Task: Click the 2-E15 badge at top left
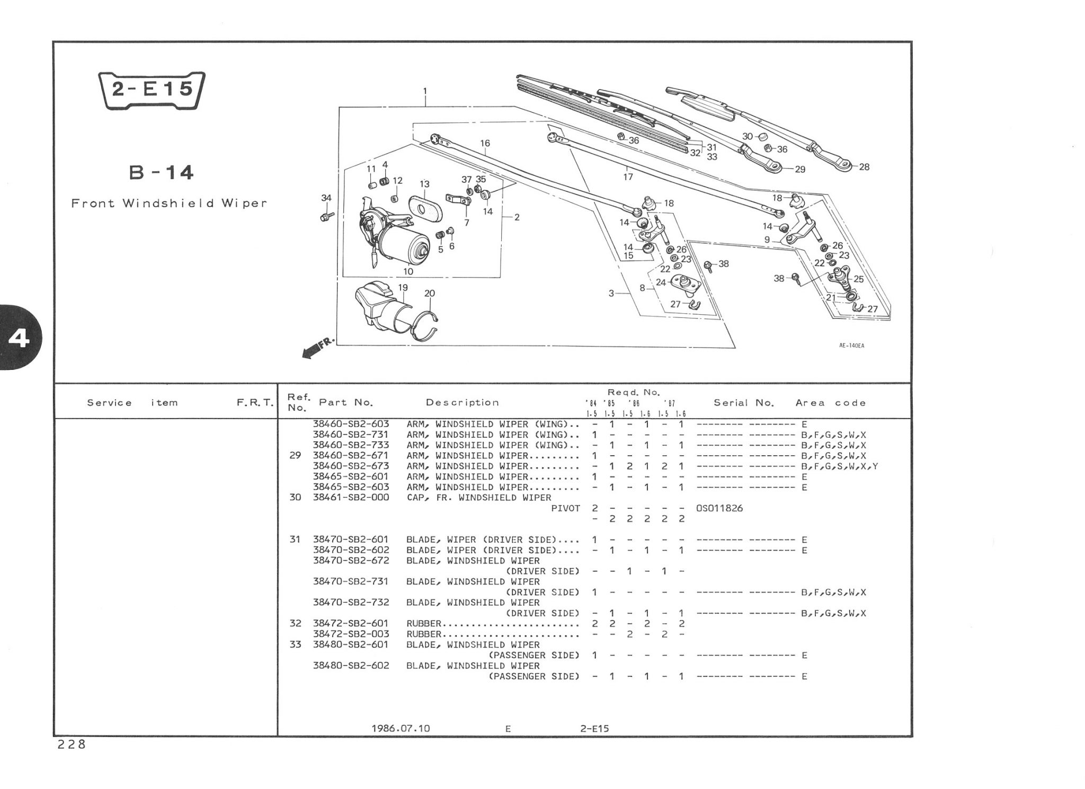[x=152, y=90]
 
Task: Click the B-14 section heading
[x=162, y=173]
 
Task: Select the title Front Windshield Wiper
[x=169, y=203]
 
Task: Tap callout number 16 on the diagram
[x=485, y=143]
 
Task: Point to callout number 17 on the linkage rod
[x=628, y=176]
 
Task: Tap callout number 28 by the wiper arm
[x=864, y=167]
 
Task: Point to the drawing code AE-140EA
[x=851, y=346]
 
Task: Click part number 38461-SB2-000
[x=351, y=498]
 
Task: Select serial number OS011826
[x=719, y=508]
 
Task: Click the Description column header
[x=462, y=403]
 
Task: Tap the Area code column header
[x=830, y=403]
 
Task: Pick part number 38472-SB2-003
[x=351, y=634]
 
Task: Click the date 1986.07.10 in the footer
[x=401, y=728]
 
